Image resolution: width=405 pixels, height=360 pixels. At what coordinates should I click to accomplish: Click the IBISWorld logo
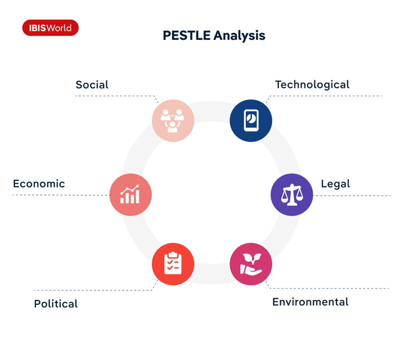[x=51, y=28]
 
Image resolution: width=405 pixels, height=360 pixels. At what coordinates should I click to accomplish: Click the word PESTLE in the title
[x=187, y=35]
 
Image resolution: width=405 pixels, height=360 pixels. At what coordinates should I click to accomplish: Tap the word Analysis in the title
[x=240, y=35]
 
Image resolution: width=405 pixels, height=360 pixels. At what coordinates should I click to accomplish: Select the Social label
[x=92, y=85]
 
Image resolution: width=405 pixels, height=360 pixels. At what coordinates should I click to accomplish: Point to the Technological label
[x=312, y=85]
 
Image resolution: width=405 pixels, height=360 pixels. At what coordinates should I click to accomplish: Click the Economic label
[x=39, y=184]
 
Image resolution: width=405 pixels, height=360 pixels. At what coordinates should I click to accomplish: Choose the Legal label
[x=335, y=184]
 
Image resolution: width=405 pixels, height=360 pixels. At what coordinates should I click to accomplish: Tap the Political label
[x=56, y=304]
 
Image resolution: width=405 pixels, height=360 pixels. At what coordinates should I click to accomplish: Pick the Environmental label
[x=310, y=302]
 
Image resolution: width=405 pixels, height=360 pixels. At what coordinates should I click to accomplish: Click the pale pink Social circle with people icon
[x=173, y=120]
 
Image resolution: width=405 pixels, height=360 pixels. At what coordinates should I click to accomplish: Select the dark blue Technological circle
[x=251, y=120]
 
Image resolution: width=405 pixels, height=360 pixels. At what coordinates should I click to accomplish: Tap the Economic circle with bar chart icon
[x=130, y=195]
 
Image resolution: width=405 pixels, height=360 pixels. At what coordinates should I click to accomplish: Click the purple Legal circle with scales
[x=292, y=195]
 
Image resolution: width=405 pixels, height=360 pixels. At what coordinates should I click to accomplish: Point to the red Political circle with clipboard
[x=173, y=264]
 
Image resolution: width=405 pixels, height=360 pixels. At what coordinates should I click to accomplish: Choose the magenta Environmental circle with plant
[x=251, y=264]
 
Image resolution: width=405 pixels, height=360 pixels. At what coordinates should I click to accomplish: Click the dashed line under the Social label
[x=115, y=96]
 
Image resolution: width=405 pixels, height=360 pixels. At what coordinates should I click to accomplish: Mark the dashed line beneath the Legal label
[x=352, y=196]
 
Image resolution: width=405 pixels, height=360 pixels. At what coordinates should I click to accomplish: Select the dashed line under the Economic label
[x=61, y=195]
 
